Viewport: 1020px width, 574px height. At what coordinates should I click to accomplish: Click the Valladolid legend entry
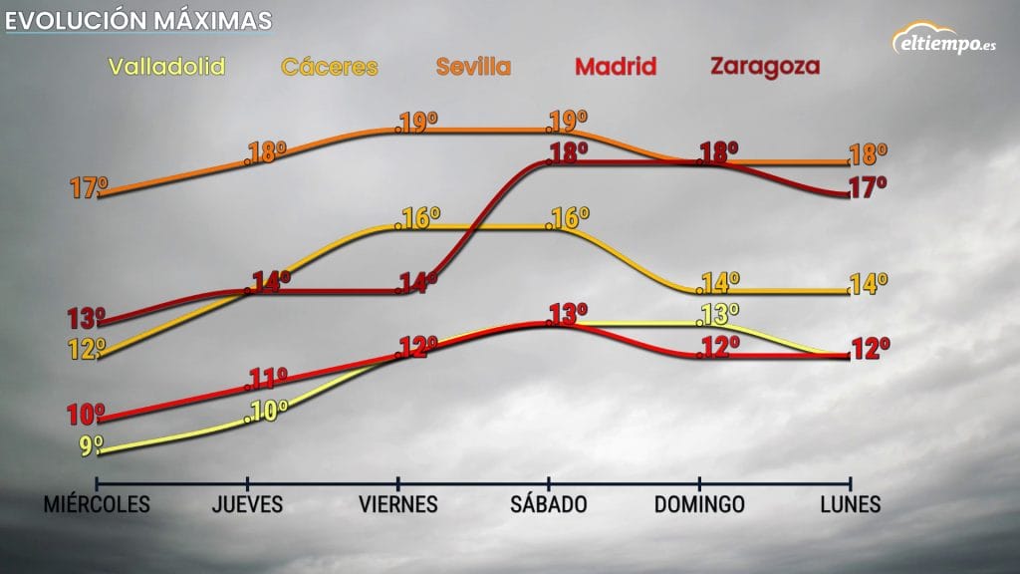pos(166,67)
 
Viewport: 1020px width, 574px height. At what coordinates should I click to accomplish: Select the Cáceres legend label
pos(330,67)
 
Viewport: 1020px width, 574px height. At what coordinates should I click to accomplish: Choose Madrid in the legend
pos(617,67)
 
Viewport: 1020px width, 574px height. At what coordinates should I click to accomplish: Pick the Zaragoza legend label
pos(764,67)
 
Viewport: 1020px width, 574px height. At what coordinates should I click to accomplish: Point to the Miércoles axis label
pos(97,504)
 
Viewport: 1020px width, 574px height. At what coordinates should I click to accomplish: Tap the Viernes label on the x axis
pos(398,504)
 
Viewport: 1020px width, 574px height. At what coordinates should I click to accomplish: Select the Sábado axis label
pos(549,504)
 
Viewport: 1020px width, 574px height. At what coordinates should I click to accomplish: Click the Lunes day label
pos(850,504)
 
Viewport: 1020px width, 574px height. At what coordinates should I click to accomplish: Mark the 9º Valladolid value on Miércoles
pos(92,446)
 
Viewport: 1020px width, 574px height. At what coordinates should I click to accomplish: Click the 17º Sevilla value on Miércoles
pos(89,187)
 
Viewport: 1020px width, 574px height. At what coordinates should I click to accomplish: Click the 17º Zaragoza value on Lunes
pos(868,187)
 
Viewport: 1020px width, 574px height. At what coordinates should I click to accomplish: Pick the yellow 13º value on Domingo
pos(719,314)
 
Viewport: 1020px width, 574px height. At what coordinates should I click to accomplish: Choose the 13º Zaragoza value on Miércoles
pos(88,319)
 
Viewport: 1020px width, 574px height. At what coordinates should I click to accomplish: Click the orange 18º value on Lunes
pos(868,155)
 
